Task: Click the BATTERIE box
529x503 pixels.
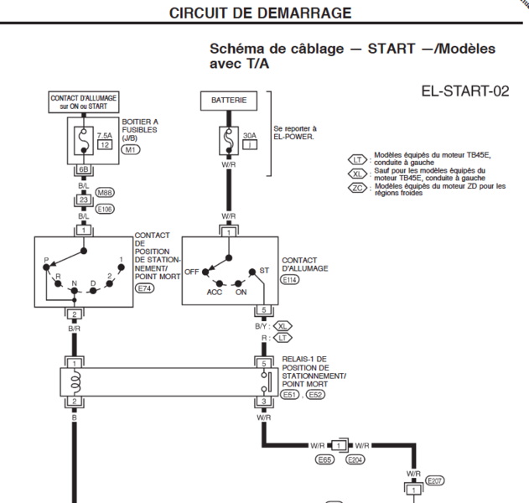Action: pos(229,101)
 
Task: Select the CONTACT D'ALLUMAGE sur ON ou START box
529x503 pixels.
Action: pos(84,102)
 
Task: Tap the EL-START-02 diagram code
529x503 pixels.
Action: pos(465,91)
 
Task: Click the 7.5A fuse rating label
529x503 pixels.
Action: pos(105,136)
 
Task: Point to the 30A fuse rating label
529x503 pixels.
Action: pos(250,136)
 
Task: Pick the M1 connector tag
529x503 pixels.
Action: pos(131,149)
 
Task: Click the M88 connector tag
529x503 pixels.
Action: pos(105,193)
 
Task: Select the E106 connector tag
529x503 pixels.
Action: pos(105,209)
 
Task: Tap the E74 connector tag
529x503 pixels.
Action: pos(144,288)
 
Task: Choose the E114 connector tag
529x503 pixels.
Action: pos(290,280)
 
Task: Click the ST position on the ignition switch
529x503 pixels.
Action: pos(264,271)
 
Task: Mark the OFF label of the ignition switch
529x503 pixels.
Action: pos(191,272)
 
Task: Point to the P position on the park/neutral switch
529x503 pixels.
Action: pos(46,260)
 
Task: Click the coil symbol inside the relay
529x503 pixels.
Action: pos(76,382)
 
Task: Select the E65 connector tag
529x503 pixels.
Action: pos(324,459)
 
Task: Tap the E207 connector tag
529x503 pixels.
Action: pos(434,480)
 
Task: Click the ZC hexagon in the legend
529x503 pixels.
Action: pos(357,188)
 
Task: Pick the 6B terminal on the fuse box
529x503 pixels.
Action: pos(83,169)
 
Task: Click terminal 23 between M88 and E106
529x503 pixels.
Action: pos(83,200)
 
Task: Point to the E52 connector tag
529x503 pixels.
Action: pos(315,395)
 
